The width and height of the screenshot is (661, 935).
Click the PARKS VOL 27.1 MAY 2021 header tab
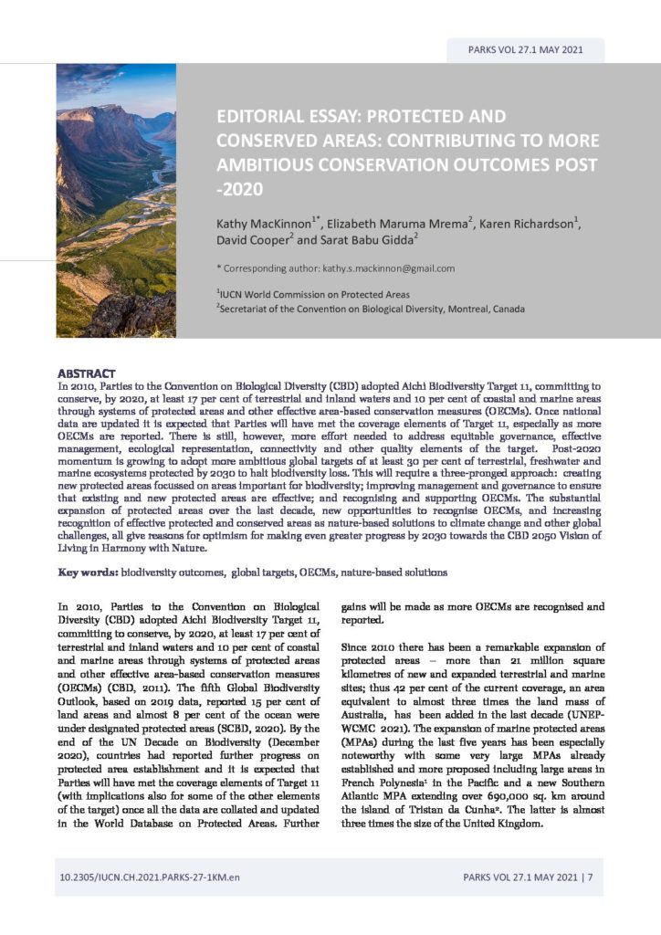point(524,50)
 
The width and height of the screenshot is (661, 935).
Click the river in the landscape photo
point(151,183)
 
